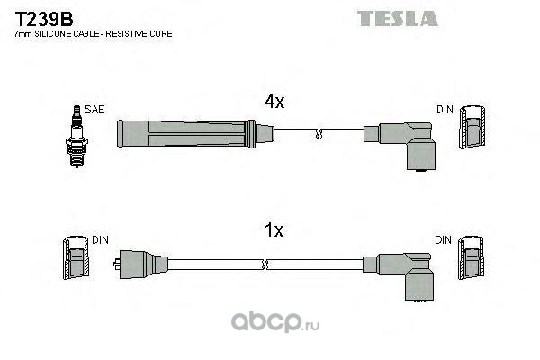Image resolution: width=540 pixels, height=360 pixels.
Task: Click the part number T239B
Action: point(44,19)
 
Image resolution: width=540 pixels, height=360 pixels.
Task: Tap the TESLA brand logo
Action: point(398,19)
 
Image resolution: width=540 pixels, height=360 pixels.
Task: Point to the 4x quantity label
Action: point(274,102)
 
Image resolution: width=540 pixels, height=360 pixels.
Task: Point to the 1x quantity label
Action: point(274,230)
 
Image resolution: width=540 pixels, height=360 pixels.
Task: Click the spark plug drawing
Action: point(76,137)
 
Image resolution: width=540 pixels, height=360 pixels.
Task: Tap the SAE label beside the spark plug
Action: point(94,110)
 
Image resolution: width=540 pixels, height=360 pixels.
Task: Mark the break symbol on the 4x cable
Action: point(319,134)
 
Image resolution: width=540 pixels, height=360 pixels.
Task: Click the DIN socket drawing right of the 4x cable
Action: point(472,127)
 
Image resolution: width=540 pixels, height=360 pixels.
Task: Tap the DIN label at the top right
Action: point(445,110)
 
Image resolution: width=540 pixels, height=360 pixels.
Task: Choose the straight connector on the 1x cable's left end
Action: point(141,265)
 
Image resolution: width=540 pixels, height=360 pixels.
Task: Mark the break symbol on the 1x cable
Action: point(265,265)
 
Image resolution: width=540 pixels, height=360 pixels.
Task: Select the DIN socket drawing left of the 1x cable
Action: point(76,257)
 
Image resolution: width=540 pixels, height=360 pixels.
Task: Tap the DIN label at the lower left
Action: point(100,240)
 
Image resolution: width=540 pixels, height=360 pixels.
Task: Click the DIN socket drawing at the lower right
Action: point(471,257)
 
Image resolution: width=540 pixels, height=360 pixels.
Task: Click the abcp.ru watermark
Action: point(275,322)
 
